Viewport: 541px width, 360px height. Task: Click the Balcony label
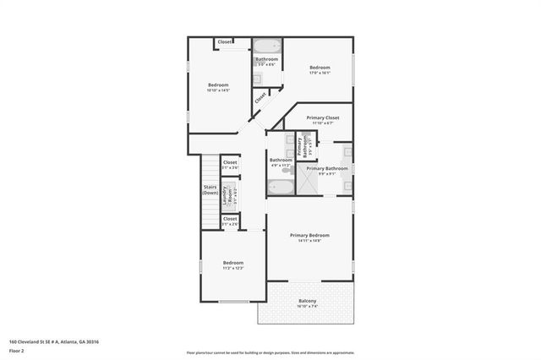307,302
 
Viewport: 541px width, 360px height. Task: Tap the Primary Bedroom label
309,235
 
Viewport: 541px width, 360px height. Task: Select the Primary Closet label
322,117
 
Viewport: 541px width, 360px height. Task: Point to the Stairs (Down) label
210,190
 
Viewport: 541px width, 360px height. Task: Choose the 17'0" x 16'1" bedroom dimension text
320,73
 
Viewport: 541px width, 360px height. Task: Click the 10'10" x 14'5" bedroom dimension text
219,90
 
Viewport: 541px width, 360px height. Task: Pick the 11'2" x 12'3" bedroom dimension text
232,268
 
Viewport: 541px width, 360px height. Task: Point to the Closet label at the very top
225,42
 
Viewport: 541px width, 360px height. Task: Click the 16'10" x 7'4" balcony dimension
307,307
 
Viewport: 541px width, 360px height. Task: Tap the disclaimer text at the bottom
270,352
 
